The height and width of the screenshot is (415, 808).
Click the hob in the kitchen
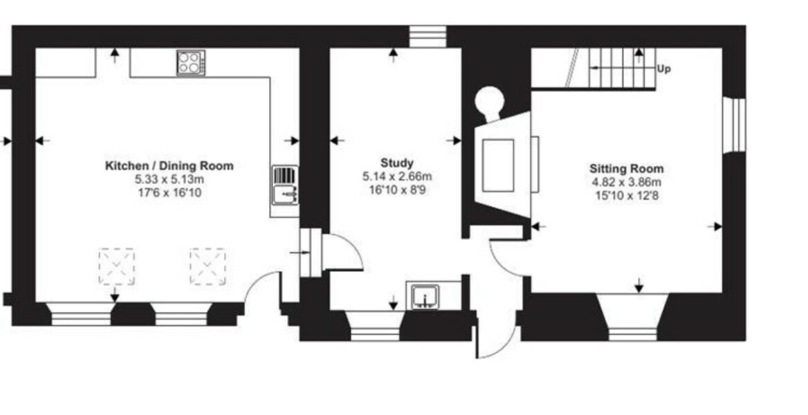[x=190, y=63]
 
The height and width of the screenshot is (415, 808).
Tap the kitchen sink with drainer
[x=284, y=185]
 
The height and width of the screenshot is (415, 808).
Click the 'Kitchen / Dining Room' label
[x=169, y=166]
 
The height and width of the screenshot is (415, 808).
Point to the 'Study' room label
[x=397, y=163]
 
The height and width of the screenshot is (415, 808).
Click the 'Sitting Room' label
[x=626, y=168]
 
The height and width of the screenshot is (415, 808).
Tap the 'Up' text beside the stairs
[x=663, y=69]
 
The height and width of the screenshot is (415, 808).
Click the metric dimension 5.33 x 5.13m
[x=169, y=179]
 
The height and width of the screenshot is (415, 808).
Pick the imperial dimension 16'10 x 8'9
[x=397, y=189]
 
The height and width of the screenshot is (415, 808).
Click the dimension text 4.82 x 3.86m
[x=626, y=182]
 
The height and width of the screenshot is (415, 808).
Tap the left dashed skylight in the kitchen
[x=116, y=266]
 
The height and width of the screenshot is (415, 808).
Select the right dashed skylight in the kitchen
[x=208, y=266]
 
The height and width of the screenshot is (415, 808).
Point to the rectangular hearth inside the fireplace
[x=497, y=165]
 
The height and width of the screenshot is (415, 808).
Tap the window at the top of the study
[x=427, y=37]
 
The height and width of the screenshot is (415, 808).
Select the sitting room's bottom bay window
[x=632, y=318]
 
